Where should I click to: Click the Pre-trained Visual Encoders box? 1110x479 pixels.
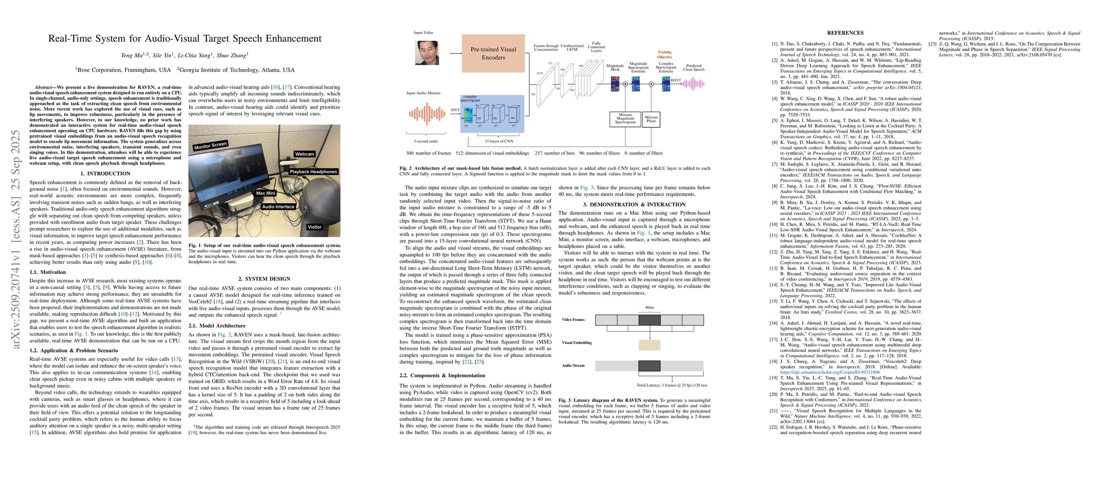493,53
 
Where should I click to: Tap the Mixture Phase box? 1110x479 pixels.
651,119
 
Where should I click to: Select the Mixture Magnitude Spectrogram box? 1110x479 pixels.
625,119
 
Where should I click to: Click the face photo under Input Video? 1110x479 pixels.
427,53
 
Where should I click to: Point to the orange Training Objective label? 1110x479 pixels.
664,55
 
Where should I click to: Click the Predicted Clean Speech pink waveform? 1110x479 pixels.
693,84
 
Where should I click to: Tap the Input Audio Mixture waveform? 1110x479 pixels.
427,114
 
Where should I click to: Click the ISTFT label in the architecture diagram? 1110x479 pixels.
676,81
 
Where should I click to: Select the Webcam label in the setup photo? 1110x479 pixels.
304,154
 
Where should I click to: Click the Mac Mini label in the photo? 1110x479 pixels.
265,193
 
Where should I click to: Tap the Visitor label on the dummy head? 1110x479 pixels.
314,227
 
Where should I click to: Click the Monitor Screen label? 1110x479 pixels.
210,146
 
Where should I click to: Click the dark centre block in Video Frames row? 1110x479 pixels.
649,320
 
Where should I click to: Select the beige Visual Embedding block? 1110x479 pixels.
649,344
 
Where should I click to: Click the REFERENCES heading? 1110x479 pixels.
845,33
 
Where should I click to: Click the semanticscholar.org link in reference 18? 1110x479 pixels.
830,372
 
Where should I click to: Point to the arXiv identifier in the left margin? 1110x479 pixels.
16,239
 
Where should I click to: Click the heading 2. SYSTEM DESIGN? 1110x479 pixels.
264,279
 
